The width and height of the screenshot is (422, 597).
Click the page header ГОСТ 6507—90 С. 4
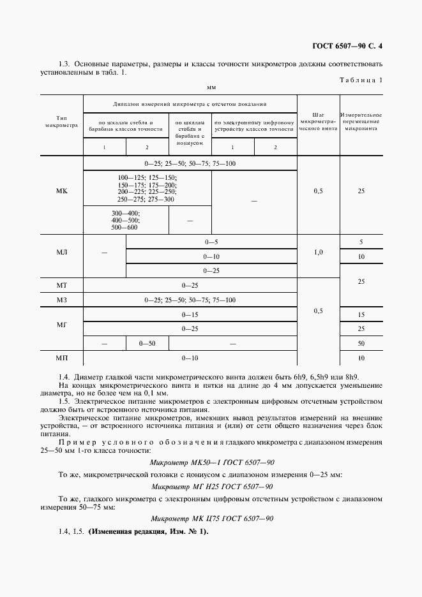coord(351,46)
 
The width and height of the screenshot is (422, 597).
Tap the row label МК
coord(62,191)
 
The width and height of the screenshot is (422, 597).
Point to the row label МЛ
coord(62,253)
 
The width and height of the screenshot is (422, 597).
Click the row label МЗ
coord(62,300)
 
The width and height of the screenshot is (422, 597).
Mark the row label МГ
coord(62,325)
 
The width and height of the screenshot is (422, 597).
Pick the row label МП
coord(62,358)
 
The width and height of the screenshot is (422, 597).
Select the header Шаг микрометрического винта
coord(318,121)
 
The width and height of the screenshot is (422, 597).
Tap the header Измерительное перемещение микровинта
coord(361,121)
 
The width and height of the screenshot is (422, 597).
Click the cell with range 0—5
coord(211,242)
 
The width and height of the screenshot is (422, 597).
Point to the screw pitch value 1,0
coord(318,253)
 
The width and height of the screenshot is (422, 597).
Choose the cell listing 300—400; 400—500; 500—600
coord(126,220)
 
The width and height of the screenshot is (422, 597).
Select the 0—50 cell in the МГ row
coord(147,344)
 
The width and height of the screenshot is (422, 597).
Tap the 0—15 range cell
coord(190,314)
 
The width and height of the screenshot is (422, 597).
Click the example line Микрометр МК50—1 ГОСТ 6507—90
coord(211,462)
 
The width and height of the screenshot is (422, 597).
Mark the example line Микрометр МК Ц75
coord(211,519)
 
